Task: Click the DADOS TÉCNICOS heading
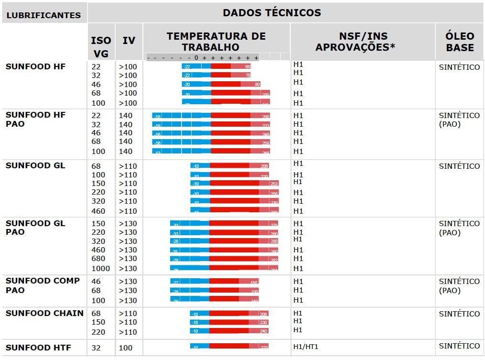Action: pos(271,13)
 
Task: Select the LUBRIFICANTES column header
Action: pos(43,15)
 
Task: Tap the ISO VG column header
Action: pos(101,46)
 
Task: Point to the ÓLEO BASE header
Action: pos(459,42)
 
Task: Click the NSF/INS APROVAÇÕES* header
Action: pos(363,42)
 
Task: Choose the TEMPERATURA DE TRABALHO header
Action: pos(216,42)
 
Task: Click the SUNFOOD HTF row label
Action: pos(38,348)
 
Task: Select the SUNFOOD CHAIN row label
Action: pos(44,314)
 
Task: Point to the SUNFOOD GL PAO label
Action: pos(35,228)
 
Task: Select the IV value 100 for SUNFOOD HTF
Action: pos(126,348)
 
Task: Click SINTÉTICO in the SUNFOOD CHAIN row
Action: pos(459,314)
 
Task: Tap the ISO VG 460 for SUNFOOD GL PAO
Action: pos(98,250)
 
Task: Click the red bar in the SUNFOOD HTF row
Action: pos(229,346)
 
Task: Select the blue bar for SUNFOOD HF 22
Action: pos(196,66)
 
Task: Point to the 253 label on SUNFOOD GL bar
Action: pos(274,184)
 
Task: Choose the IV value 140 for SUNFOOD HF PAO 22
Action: pos(126,116)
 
